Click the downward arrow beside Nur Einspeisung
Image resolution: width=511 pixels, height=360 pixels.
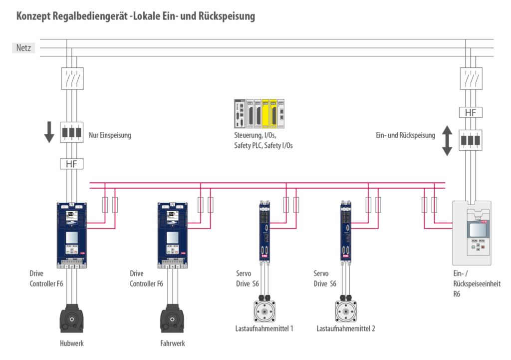pos(49,132)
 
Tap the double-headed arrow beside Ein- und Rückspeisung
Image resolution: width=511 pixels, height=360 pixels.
pos(447,141)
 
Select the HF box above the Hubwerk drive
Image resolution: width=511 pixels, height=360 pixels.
pos(72,163)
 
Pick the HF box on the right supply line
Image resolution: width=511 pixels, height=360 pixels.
pos(470,112)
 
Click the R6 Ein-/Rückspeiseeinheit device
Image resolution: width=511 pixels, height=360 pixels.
pos(472,233)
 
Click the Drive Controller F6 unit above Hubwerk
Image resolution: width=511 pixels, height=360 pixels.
pos(72,234)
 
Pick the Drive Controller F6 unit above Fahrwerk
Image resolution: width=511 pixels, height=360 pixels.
pos(173,234)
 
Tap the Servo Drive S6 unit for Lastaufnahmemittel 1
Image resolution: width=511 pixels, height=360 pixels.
pos(264,231)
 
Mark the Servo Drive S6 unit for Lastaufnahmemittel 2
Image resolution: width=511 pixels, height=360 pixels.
pos(346,231)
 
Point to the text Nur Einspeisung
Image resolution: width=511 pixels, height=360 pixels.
pos(110,135)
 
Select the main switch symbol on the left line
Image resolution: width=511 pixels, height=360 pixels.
pos(72,78)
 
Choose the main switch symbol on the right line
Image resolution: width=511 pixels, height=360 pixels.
pos(470,78)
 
